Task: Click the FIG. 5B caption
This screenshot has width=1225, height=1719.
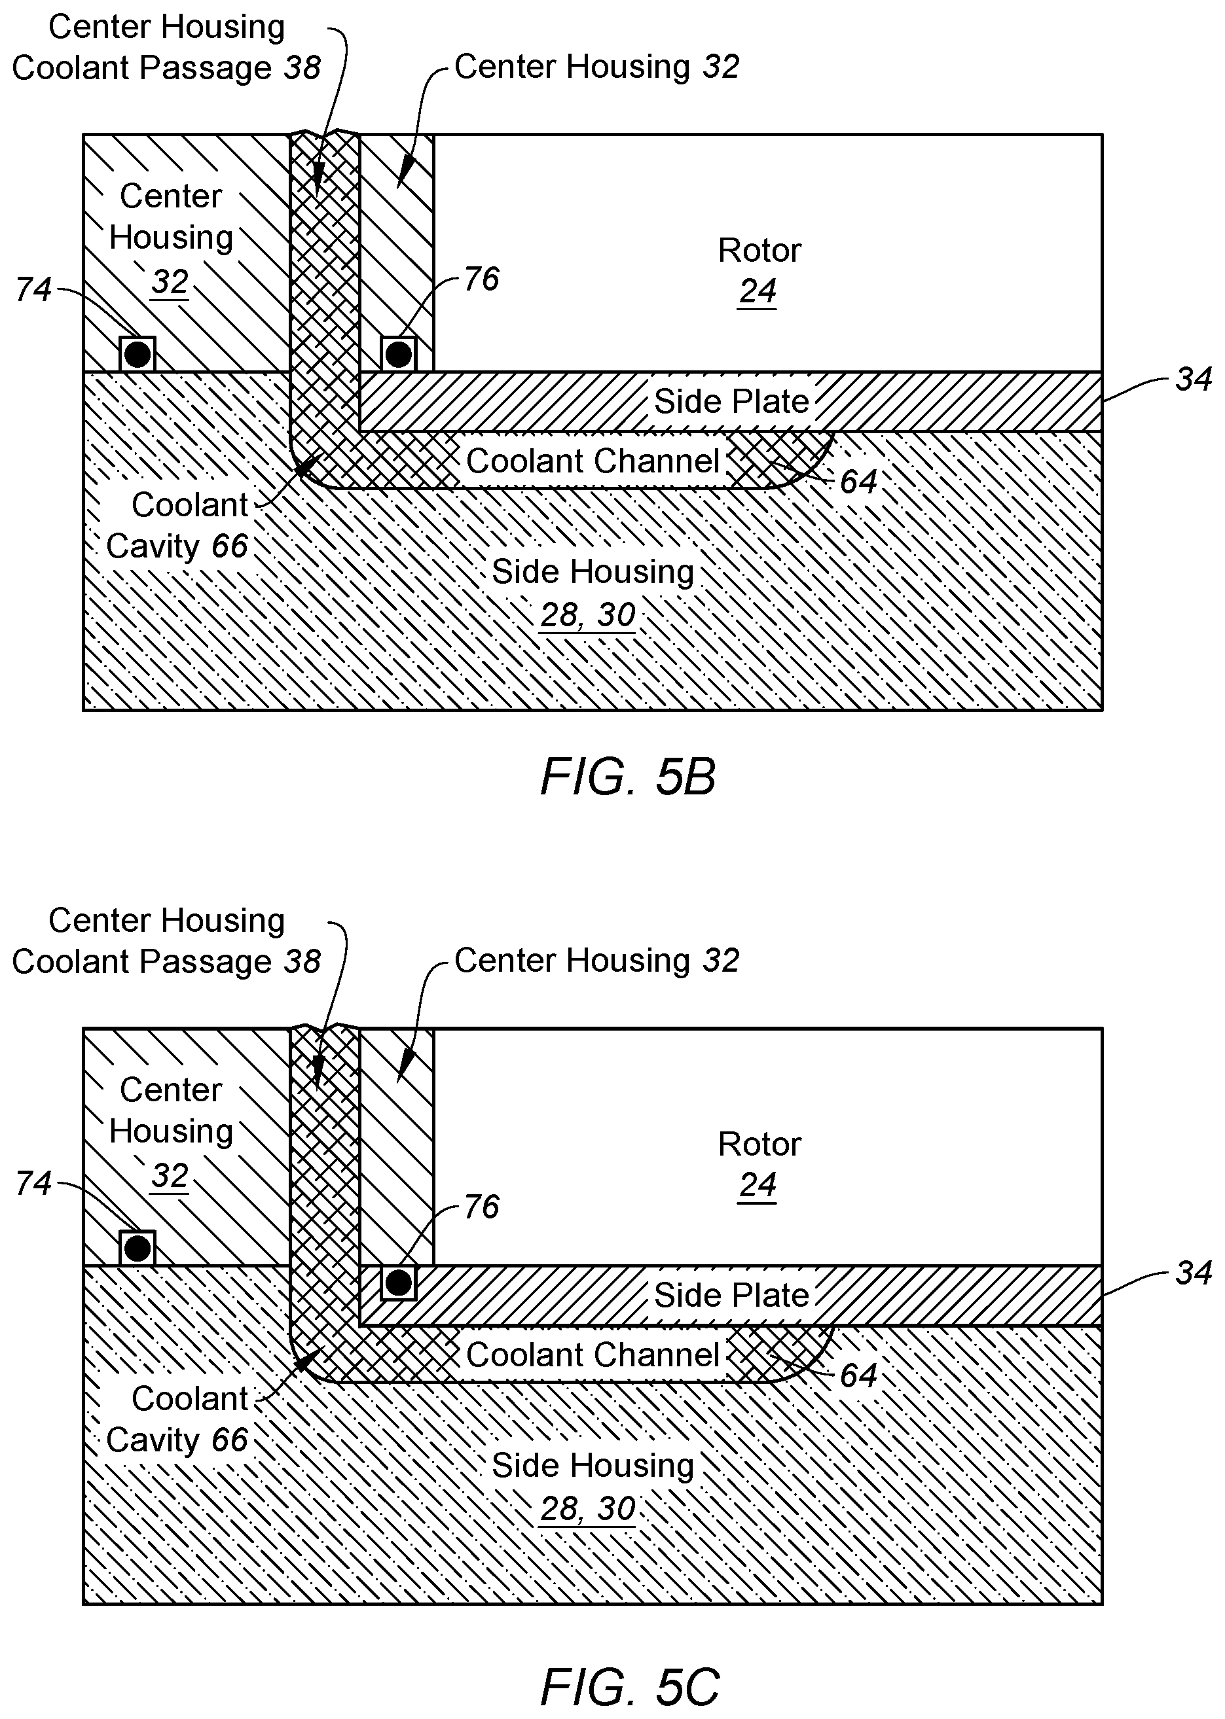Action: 628,777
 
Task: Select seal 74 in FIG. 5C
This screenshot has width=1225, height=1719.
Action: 137,1248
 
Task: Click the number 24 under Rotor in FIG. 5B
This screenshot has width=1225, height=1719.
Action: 758,292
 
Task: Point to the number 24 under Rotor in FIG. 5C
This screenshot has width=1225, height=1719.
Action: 758,1185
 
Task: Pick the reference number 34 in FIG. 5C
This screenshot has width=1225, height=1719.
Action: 1194,1273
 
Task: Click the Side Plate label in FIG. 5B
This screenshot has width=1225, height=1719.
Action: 731,401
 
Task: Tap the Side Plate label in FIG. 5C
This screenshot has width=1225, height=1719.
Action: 731,1295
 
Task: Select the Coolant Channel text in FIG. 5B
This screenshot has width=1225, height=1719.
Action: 593,461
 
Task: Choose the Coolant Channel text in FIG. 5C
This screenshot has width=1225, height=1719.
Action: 593,1355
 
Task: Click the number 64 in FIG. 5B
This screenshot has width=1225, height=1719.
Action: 858,482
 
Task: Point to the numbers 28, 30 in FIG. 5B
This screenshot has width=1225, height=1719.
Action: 587,615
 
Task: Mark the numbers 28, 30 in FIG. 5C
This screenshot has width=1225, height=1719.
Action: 587,1509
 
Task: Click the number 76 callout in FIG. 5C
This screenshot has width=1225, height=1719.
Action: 481,1207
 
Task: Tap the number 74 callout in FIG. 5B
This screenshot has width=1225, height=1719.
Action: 33,289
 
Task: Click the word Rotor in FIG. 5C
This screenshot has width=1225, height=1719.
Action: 759,1144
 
